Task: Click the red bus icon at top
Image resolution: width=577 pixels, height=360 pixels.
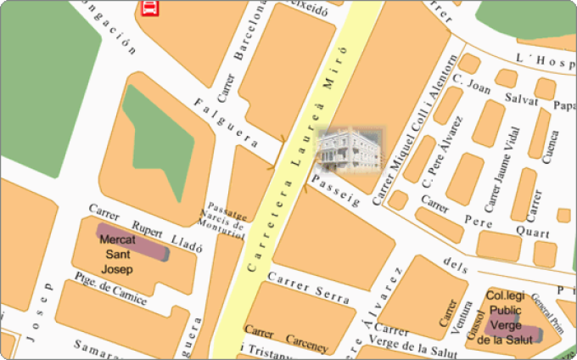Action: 149,9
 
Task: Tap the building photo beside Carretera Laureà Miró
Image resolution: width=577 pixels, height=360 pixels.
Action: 350,149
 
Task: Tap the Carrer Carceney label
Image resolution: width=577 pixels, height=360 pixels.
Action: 285,332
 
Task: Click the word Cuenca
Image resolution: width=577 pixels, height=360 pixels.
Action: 551,148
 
